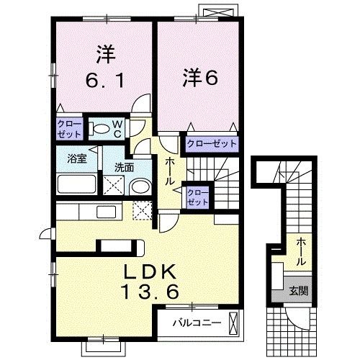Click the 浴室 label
pyautogui.click(x=77, y=158)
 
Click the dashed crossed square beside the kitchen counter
pyautogui.click(x=143, y=210)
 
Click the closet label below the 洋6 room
pyautogui.click(x=212, y=144)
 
